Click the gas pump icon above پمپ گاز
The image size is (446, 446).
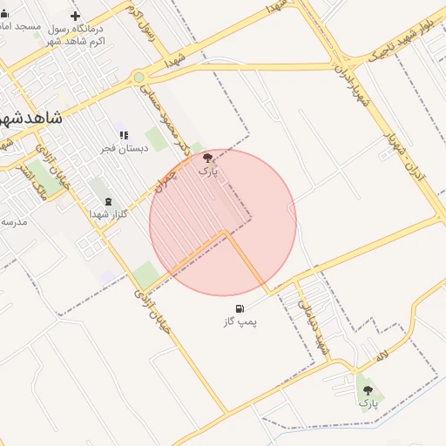[240, 308]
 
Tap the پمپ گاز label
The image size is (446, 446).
[240, 321]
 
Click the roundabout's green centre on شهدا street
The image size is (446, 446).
[139, 78]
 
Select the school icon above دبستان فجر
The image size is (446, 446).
[124, 136]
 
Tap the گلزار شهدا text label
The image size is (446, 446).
[111, 213]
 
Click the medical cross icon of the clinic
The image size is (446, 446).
[75, 16]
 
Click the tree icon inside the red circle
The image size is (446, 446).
[207, 158]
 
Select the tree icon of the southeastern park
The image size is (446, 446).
[368, 390]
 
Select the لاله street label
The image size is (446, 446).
[382, 356]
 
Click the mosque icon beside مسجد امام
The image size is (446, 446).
[4, 13]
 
